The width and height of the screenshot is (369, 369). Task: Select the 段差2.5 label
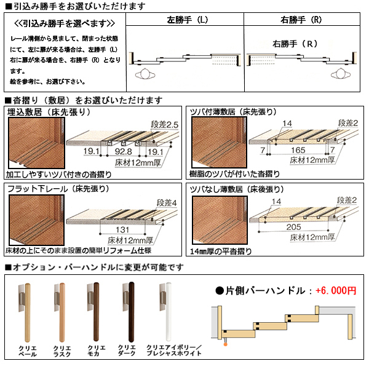[x=164, y=125]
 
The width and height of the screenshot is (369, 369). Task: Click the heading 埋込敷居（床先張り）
[x=50, y=113]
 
